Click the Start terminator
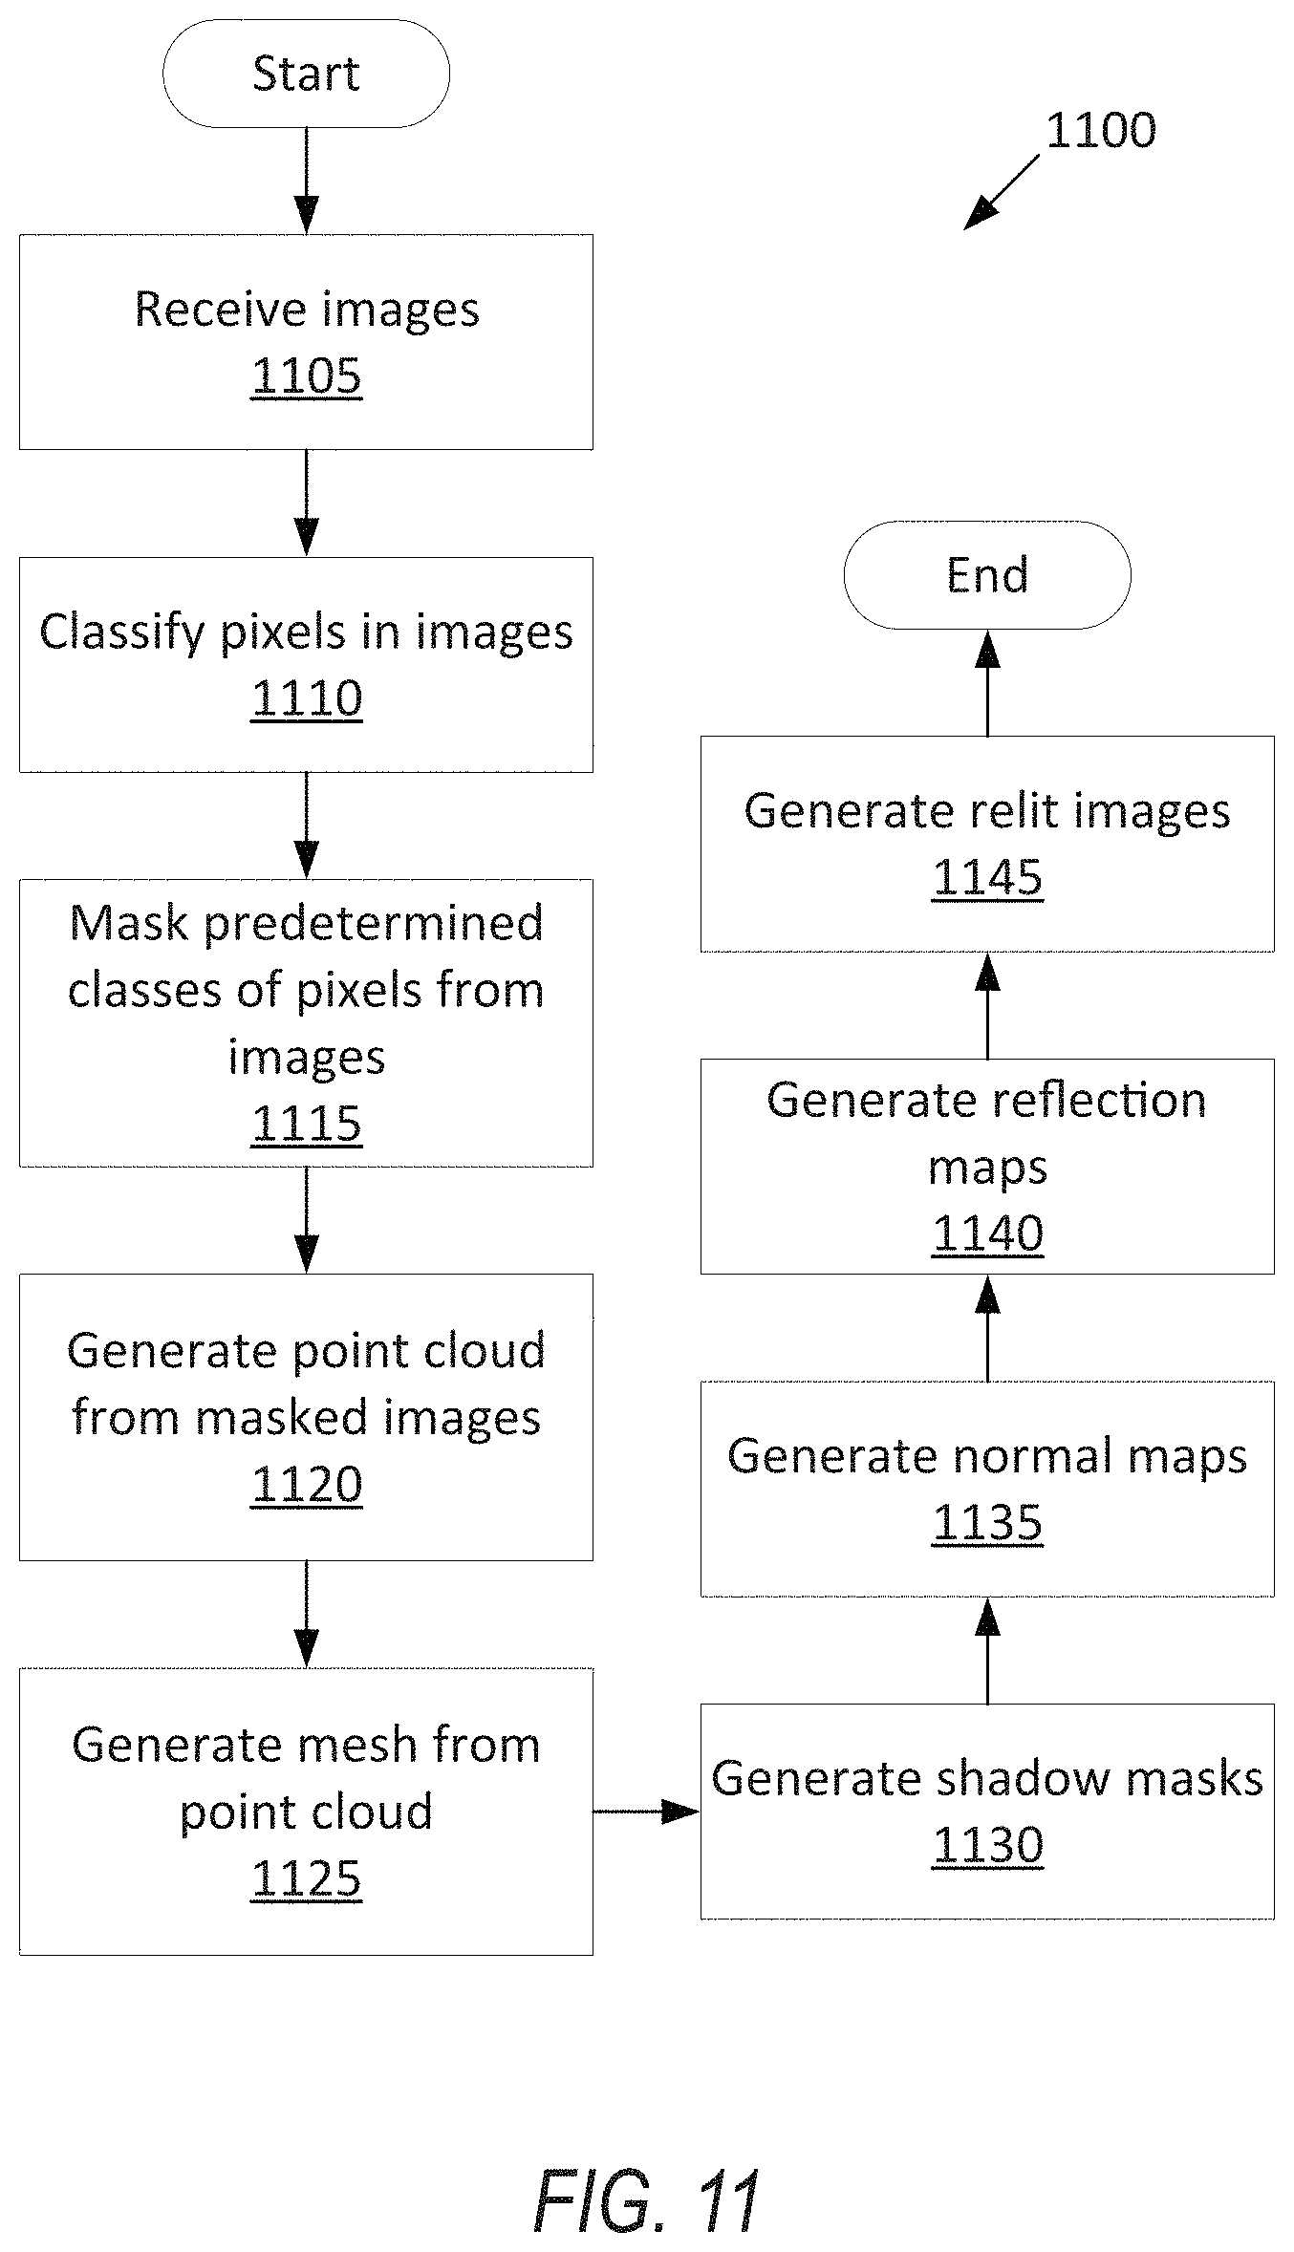pyautogui.click(x=306, y=74)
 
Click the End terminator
pyautogui.click(x=987, y=575)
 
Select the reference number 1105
pyautogui.click(x=307, y=375)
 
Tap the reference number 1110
pyautogui.click(x=307, y=697)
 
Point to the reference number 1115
pyautogui.click(x=307, y=1123)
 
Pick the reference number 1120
pyautogui.click(x=307, y=1484)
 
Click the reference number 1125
pyautogui.click(x=307, y=1878)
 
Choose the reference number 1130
pyautogui.click(x=988, y=1845)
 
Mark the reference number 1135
pyautogui.click(x=988, y=1522)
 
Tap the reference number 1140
pyautogui.click(x=988, y=1233)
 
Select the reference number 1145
pyautogui.click(x=988, y=877)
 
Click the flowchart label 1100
pyautogui.click(x=1101, y=130)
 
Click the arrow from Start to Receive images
pyautogui.click(x=306, y=181)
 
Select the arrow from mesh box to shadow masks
pyautogui.click(x=647, y=1811)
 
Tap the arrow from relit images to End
pyautogui.click(x=987, y=683)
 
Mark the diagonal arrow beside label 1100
pyautogui.click(x=1001, y=193)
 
